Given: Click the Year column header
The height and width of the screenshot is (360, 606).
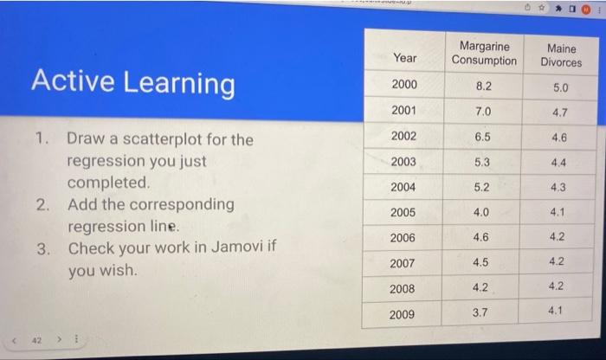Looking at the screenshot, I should click(x=404, y=57).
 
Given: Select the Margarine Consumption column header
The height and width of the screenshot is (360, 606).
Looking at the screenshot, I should click(x=484, y=53).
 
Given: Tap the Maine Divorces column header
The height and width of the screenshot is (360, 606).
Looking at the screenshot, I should click(x=561, y=55).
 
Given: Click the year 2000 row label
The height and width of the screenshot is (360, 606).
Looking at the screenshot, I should click(x=404, y=85).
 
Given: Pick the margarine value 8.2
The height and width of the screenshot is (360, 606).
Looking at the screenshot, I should click(x=484, y=86).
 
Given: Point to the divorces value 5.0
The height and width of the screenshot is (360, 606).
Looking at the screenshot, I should click(x=561, y=87).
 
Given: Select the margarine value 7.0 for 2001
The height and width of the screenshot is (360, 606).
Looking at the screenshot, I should click(x=483, y=112).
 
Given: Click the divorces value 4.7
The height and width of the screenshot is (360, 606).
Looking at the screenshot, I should click(x=561, y=112).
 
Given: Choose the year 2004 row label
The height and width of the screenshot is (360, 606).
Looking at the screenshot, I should click(x=403, y=187).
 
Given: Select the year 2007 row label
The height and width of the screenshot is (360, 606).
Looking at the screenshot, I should click(x=403, y=263).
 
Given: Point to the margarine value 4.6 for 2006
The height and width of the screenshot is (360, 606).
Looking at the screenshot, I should click(x=481, y=237).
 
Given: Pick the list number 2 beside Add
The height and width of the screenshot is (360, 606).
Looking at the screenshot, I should click(x=42, y=205).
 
